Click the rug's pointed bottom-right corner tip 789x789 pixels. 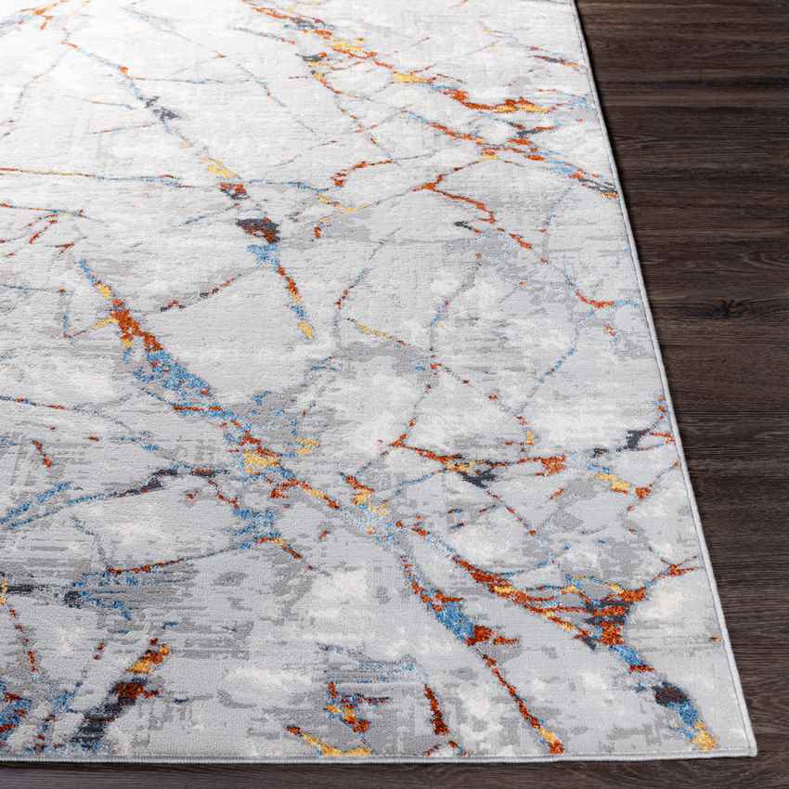click(752, 752)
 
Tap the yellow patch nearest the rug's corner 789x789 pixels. click(703, 738)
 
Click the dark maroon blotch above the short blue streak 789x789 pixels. click(258, 227)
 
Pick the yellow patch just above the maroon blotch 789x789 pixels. click(220, 170)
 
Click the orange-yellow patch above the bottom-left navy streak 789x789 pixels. click(149, 659)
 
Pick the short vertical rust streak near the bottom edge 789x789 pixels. click(434, 710)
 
